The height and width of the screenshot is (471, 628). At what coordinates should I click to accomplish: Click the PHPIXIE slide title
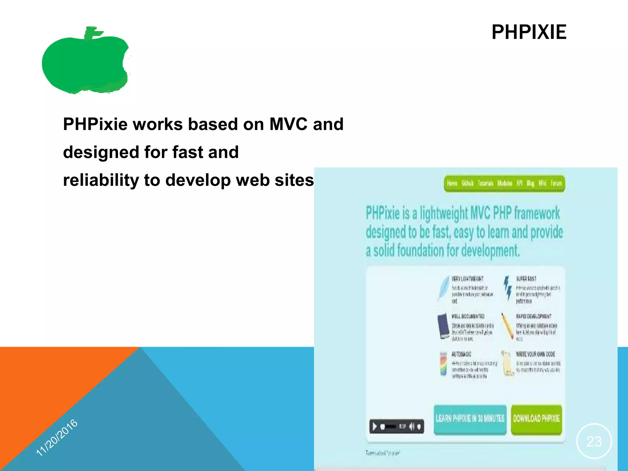pyautogui.click(x=529, y=32)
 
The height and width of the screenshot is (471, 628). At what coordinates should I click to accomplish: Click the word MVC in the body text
pyautogui.click(x=288, y=124)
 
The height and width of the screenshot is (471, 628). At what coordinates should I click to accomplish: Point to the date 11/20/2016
pyautogui.click(x=57, y=438)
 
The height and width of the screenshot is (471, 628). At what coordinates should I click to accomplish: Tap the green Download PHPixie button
pyautogui.click(x=536, y=419)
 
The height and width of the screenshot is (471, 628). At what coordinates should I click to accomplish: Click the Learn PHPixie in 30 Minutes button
pyautogui.click(x=470, y=419)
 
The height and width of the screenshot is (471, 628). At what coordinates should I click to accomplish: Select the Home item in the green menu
pyautogui.click(x=452, y=183)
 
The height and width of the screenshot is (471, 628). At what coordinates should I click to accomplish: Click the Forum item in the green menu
pyautogui.click(x=556, y=183)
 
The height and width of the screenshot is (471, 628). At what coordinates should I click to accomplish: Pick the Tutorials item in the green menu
pyautogui.click(x=485, y=183)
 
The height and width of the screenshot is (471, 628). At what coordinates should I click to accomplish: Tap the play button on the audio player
pyautogui.click(x=374, y=427)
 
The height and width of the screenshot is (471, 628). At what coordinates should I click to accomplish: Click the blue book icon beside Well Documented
pyautogui.click(x=443, y=326)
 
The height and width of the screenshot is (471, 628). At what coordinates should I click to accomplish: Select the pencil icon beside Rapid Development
pyautogui.click(x=507, y=326)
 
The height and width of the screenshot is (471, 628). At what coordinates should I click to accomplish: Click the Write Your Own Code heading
pyautogui.click(x=535, y=354)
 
